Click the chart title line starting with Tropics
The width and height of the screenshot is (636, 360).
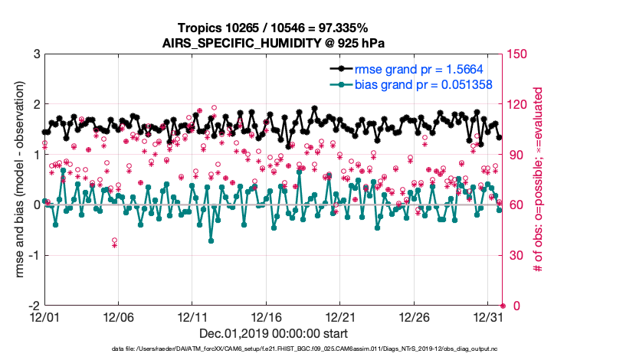[x=273, y=28]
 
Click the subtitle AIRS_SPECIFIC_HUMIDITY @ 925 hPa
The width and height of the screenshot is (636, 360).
[x=273, y=42]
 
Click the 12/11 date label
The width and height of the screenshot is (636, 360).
[x=192, y=316]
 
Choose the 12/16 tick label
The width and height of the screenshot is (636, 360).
[x=267, y=316]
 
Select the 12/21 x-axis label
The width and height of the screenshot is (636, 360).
[x=341, y=316]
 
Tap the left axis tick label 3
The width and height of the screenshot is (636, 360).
[x=36, y=54]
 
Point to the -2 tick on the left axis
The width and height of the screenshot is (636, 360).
[x=33, y=306]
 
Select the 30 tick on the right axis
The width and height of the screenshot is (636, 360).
[x=516, y=255]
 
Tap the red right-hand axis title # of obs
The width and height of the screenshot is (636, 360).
[x=539, y=180]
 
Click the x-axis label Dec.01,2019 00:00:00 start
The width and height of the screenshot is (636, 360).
[x=273, y=333]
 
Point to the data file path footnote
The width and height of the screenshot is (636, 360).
[x=273, y=349]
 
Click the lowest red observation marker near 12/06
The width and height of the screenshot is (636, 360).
[x=115, y=244]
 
